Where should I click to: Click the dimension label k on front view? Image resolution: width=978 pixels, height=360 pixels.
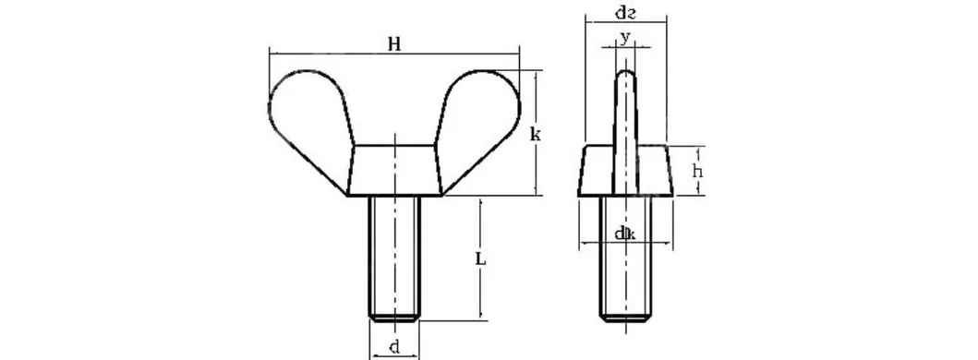point(535,135)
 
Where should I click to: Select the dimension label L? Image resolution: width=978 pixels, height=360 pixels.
point(481,260)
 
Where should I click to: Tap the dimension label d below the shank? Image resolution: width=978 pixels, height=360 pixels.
point(394,348)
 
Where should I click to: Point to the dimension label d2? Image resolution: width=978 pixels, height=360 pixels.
point(624,12)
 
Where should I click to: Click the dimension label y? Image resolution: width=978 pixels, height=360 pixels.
point(625,37)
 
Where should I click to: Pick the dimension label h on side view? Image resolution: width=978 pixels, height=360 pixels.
point(698,173)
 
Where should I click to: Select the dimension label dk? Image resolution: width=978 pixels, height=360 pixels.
point(624,234)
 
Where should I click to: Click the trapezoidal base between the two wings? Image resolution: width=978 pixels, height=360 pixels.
point(395,170)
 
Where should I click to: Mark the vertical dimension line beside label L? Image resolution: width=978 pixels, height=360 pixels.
point(481,295)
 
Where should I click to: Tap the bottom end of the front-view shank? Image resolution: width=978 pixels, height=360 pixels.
point(395,318)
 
